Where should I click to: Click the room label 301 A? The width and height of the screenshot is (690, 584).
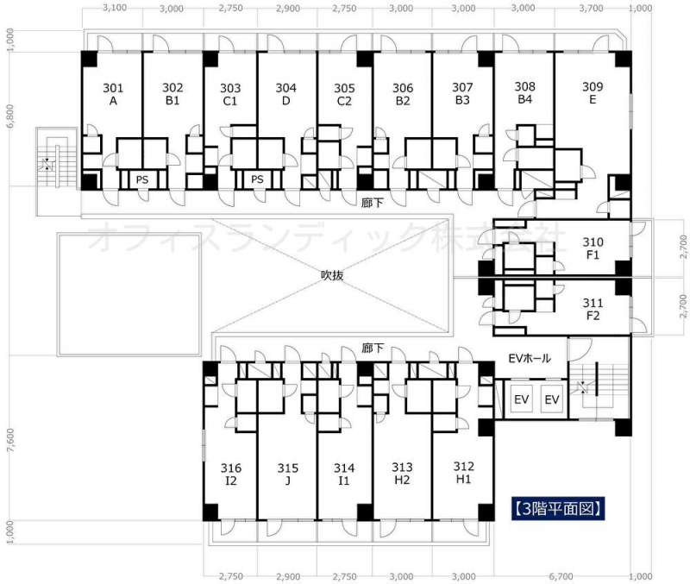tap(113, 94)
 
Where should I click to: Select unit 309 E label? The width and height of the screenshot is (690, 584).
tap(593, 93)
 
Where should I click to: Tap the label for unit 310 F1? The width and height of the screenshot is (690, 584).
tap(593, 248)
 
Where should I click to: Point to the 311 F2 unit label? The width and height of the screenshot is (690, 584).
tap(593, 309)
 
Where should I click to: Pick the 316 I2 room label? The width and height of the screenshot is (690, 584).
tap(231, 474)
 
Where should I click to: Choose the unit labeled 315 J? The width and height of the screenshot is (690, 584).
tap(288, 474)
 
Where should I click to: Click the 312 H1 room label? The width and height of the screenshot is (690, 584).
tap(464, 473)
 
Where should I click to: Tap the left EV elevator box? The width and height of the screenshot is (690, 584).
tap(522, 399)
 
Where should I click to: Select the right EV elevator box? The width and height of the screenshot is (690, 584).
tap(552, 399)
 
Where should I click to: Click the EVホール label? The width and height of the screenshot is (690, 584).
tap(530, 359)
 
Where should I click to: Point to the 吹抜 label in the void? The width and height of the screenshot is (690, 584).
tap(332, 275)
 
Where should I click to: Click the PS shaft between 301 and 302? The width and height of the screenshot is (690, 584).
tap(141, 179)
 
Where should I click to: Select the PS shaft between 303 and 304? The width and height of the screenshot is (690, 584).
tap(257, 179)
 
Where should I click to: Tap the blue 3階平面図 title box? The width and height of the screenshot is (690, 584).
tap(558, 509)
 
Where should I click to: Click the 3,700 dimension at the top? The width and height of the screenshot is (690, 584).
tap(591, 8)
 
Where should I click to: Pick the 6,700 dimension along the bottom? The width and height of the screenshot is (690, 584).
tap(561, 576)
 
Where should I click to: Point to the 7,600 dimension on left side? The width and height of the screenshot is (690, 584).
tap(10, 440)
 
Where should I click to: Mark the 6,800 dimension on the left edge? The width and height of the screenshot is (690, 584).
tap(10, 116)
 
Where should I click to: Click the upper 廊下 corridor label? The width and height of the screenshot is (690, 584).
tap(373, 203)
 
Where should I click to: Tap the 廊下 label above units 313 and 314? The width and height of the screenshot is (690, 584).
tap(373, 349)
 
